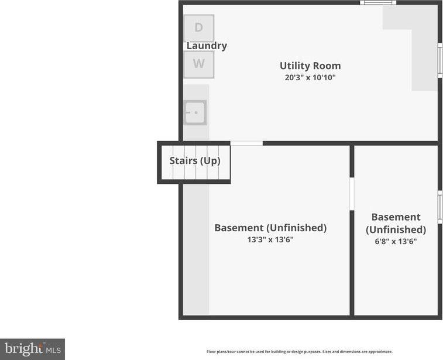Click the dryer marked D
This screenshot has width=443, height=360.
tap(199, 28)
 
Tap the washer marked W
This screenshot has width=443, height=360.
tap(199, 64)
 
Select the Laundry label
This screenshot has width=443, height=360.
tap(207, 46)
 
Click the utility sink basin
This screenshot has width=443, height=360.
tap(195, 112)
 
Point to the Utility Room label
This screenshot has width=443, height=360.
tap(310, 66)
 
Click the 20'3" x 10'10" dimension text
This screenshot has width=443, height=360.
tap(310, 77)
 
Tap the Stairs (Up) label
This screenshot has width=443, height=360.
tap(195, 161)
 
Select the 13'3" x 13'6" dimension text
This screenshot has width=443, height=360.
tap(270, 239)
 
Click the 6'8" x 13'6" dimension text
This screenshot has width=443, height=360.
tap(396, 241)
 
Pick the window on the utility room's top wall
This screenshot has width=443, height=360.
tap(378, 3)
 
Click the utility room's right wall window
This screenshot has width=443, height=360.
tap(440, 60)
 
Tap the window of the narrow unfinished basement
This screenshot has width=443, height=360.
tap(440, 207)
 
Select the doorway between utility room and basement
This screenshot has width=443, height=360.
tap(246, 143)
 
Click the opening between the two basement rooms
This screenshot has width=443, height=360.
tap(352, 194)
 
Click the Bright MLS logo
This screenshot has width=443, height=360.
tap(33, 349)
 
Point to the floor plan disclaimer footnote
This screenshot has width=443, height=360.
tap(300, 352)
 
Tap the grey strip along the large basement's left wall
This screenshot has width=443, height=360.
tap(196, 249)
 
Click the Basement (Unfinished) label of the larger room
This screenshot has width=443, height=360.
tap(270, 228)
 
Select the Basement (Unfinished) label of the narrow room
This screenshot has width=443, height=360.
tap(396, 223)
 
